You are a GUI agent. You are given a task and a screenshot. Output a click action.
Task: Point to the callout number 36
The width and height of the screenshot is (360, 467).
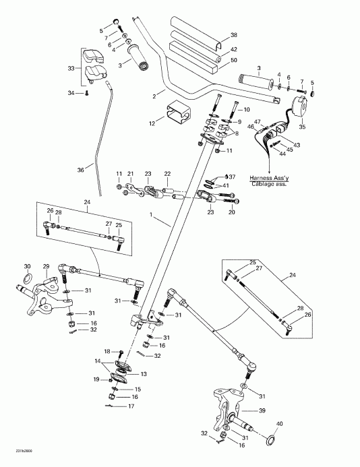(x=80, y=170)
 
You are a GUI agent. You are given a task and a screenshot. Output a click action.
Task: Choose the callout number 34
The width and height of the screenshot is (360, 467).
(x=70, y=94)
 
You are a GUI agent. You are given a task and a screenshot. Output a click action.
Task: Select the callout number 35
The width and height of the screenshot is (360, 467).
(x=301, y=125)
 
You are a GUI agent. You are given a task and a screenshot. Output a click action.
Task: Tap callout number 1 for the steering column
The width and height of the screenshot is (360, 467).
(x=153, y=215)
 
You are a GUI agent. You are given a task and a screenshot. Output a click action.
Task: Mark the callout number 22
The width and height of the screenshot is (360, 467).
(x=167, y=173)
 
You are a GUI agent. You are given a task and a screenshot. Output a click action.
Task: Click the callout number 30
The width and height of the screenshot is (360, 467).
(x=27, y=266)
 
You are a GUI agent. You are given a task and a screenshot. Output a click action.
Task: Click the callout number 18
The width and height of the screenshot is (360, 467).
(x=107, y=352)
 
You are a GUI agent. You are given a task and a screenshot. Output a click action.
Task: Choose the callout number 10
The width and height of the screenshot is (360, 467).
(x=246, y=109)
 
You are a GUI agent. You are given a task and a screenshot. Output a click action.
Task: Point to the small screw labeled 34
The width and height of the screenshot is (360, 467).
(x=86, y=94)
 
